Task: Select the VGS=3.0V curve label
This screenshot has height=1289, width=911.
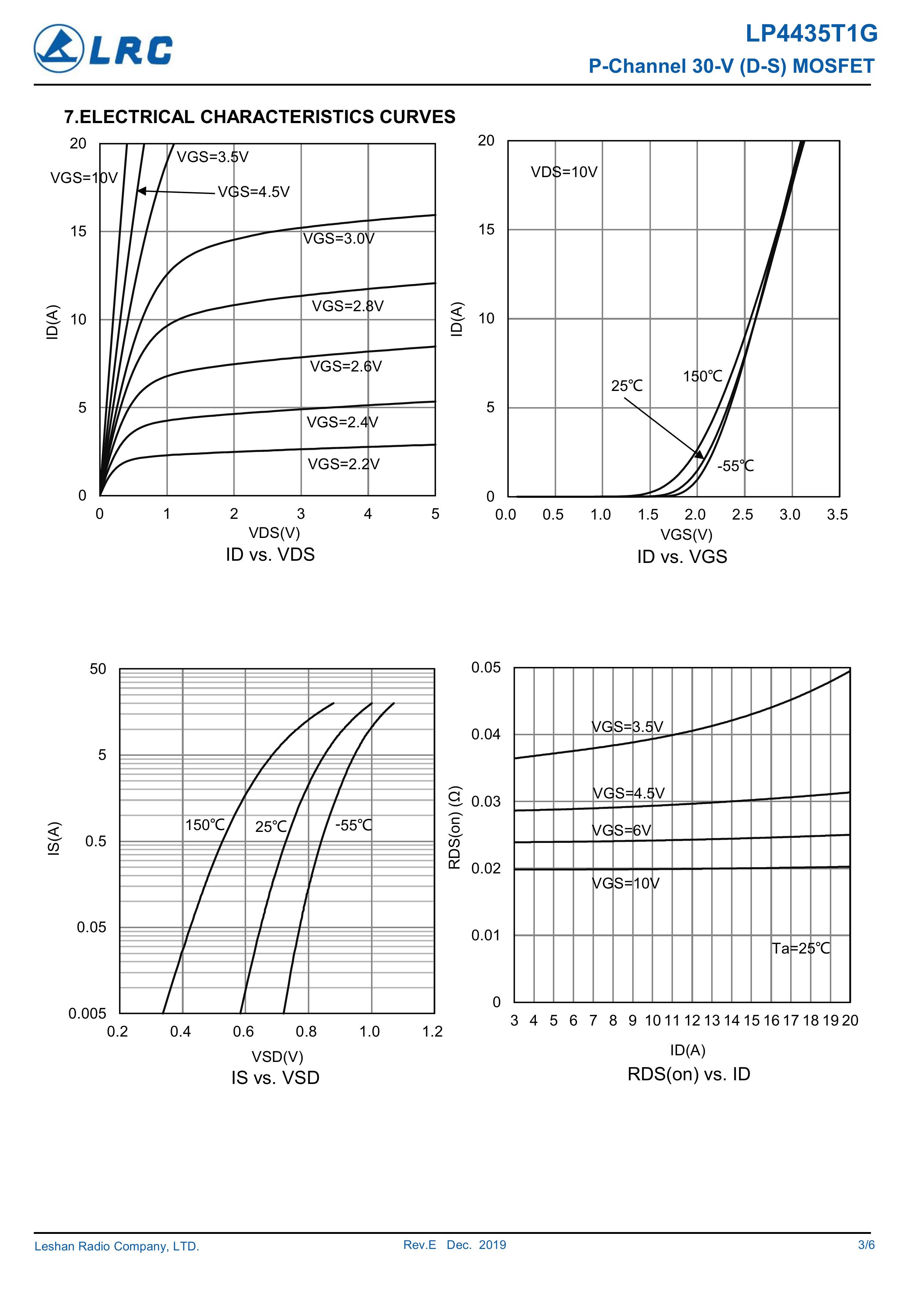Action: click(338, 238)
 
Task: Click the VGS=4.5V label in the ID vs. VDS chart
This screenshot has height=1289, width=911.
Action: click(254, 192)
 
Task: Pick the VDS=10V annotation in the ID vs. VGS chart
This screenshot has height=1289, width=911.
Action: click(564, 172)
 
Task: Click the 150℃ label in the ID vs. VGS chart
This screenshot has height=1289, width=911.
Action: click(702, 376)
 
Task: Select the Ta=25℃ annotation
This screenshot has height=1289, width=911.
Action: click(800, 948)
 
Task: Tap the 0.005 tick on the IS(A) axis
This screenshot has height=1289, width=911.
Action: click(87, 1013)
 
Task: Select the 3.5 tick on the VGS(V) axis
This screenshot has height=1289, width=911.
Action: click(837, 514)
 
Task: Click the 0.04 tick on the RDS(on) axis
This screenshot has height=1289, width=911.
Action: click(486, 734)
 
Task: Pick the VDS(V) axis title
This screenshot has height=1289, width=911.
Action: click(274, 532)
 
